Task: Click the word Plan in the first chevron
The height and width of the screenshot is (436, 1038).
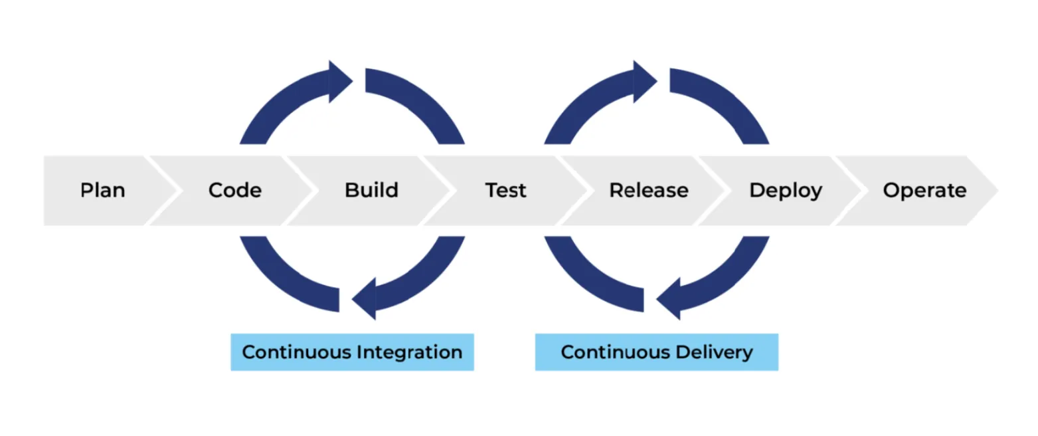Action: pos(102,191)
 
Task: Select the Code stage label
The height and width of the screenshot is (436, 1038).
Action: pos(235,191)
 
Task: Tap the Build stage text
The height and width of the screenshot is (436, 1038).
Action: pos(371,191)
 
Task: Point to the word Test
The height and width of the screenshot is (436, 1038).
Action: pos(505,191)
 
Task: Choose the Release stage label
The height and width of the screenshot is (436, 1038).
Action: pos(649,191)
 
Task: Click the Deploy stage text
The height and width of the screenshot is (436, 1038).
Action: pos(786,191)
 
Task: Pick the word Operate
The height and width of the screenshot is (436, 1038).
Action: pos(924,191)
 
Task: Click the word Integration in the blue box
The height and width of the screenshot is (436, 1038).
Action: pos(409,352)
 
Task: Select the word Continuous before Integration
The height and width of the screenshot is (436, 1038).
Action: pos(297,352)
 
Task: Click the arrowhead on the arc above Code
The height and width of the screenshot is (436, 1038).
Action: pos(341,82)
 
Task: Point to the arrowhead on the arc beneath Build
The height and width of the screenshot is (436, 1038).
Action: pos(365,299)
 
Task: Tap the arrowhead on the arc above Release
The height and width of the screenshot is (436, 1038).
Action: pos(645,82)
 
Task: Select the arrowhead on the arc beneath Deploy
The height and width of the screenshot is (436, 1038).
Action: pos(669,299)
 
